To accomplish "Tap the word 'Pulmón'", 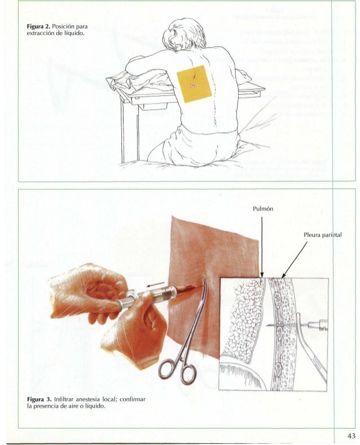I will tap(262, 208).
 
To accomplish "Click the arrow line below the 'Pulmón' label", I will tap(262, 243).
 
